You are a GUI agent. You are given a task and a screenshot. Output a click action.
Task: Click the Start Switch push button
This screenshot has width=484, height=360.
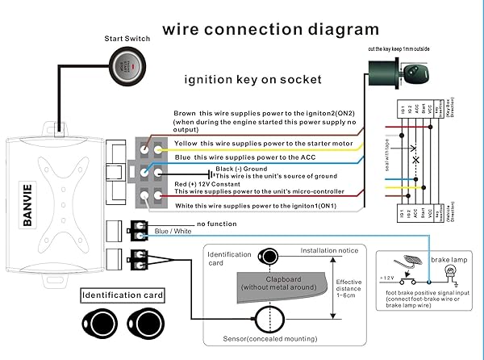click(x=127, y=65)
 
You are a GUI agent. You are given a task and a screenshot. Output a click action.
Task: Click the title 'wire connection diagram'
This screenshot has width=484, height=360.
click(x=270, y=30)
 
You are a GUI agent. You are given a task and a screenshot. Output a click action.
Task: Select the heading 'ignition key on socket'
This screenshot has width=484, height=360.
click(x=253, y=80)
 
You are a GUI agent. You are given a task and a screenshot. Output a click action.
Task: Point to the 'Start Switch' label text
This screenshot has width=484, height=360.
click(x=127, y=38)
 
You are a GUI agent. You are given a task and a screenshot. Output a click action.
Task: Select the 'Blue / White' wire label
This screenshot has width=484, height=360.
click(x=173, y=232)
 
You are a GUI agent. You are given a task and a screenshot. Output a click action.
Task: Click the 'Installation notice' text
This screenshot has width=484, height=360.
click(x=329, y=250)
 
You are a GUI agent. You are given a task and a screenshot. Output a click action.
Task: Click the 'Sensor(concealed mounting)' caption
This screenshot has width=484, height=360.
click(x=269, y=340)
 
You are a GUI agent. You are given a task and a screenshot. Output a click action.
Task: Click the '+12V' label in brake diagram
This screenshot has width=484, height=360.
click(x=388, y=278)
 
